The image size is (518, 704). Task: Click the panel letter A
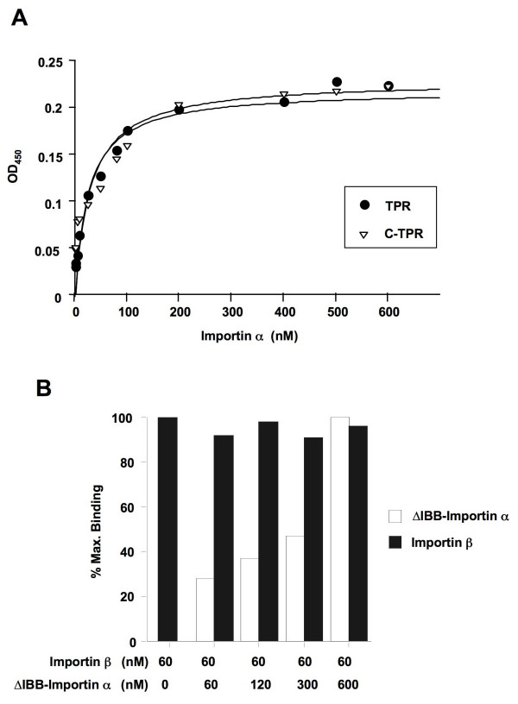tap(18, 16)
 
